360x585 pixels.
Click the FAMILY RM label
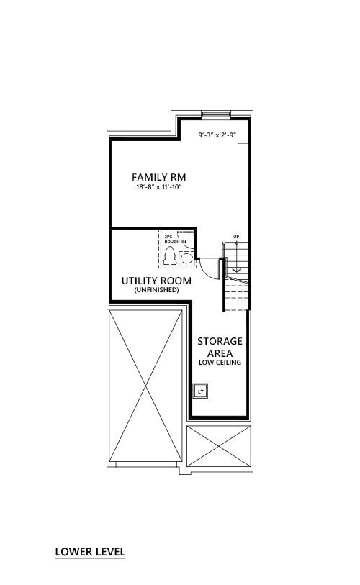point(158,177)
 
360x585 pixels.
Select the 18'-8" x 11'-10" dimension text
point(158,187)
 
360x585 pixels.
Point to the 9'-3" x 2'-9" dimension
point(218,135)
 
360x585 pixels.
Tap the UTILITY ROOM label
point(156,281)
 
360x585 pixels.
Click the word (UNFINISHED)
point(156,290)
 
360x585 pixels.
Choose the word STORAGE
point(220,341)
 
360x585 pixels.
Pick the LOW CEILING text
point(220,362)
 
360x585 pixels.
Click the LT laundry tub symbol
point(201,391)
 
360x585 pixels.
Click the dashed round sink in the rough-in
point(186,258)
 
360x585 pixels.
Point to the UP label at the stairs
point(236,237)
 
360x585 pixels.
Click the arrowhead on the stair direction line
point(236,270)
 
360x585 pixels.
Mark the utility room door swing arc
point(207,271)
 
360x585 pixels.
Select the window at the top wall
point(216,114)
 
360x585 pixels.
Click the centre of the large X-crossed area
point(145,386)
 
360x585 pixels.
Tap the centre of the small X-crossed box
point(219,446)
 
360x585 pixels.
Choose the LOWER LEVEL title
point(91,551)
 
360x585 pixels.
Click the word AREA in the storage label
point(220,353)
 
